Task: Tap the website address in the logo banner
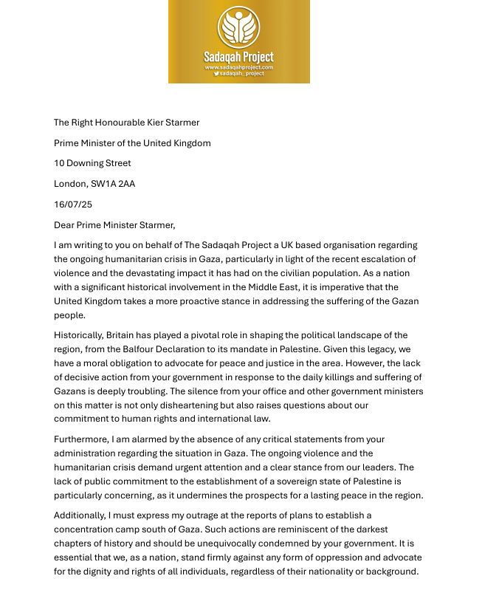coord(238,67)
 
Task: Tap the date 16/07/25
coord(73,205)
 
